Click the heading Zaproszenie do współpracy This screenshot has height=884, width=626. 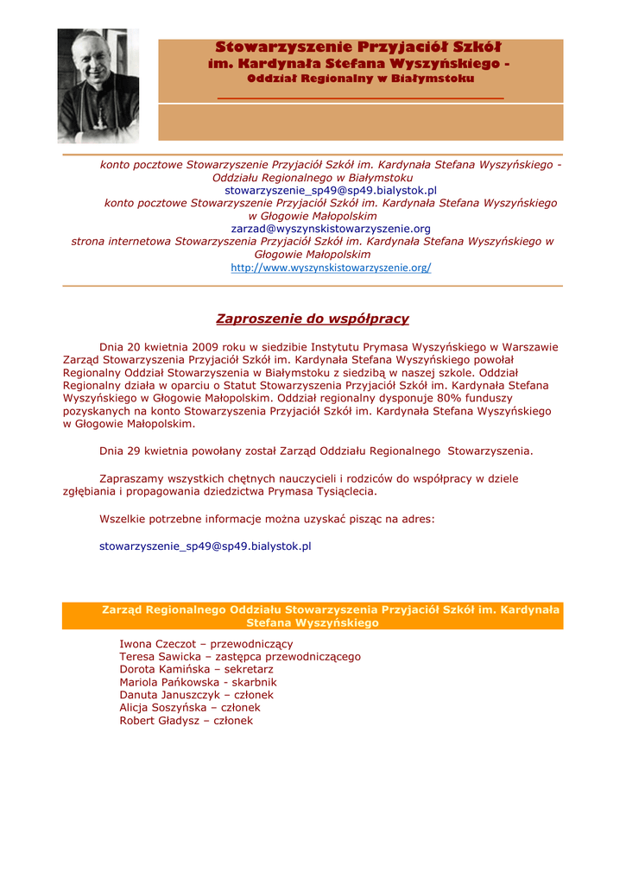click(x=313, y=319)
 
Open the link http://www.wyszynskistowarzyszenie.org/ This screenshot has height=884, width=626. click(x=331, y=268)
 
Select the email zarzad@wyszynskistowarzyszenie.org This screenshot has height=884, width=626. click(x=331, y=229)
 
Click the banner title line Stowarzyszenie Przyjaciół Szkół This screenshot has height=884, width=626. click(x=358, y=47)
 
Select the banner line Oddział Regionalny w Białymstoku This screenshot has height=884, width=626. click(x=360, y=79)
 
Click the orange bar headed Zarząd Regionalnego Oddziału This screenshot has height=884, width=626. click(x=313, y=616)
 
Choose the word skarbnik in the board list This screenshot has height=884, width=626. click(x=255, y=682)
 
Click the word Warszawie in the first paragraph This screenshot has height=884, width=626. click(x=526, y=347)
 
